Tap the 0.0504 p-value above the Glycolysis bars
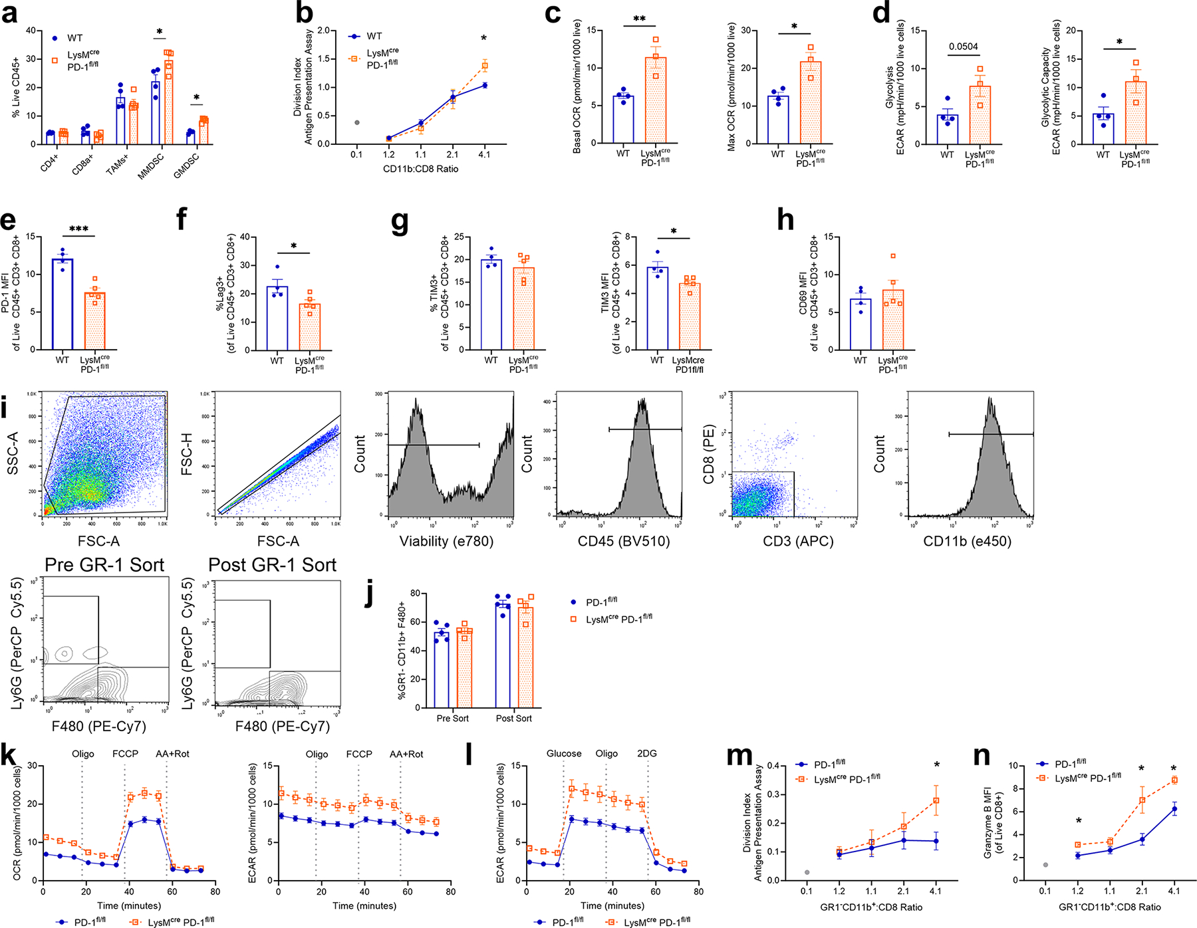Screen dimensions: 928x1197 point(963,47)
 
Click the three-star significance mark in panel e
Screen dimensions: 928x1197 point(78,229)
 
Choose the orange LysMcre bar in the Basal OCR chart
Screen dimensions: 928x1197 point(656,100)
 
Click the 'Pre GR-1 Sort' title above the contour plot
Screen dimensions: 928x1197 point(104,565)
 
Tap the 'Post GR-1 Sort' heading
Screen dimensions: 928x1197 point(273,565)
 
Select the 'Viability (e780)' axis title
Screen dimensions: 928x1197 point(446,541)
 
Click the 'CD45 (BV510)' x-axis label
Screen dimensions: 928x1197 point(624,541)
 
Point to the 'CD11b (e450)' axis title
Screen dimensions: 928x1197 point(968,541)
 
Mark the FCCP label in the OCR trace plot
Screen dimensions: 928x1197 point(125,754)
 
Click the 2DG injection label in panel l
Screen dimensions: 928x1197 point(647,753)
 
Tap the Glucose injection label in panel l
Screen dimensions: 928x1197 point(564,753)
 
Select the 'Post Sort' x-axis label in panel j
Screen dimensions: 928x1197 point(514,719)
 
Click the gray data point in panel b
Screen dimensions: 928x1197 point(357,122)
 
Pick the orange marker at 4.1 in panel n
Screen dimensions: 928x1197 point(1174,780)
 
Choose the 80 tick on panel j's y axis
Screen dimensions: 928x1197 point(414,593)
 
